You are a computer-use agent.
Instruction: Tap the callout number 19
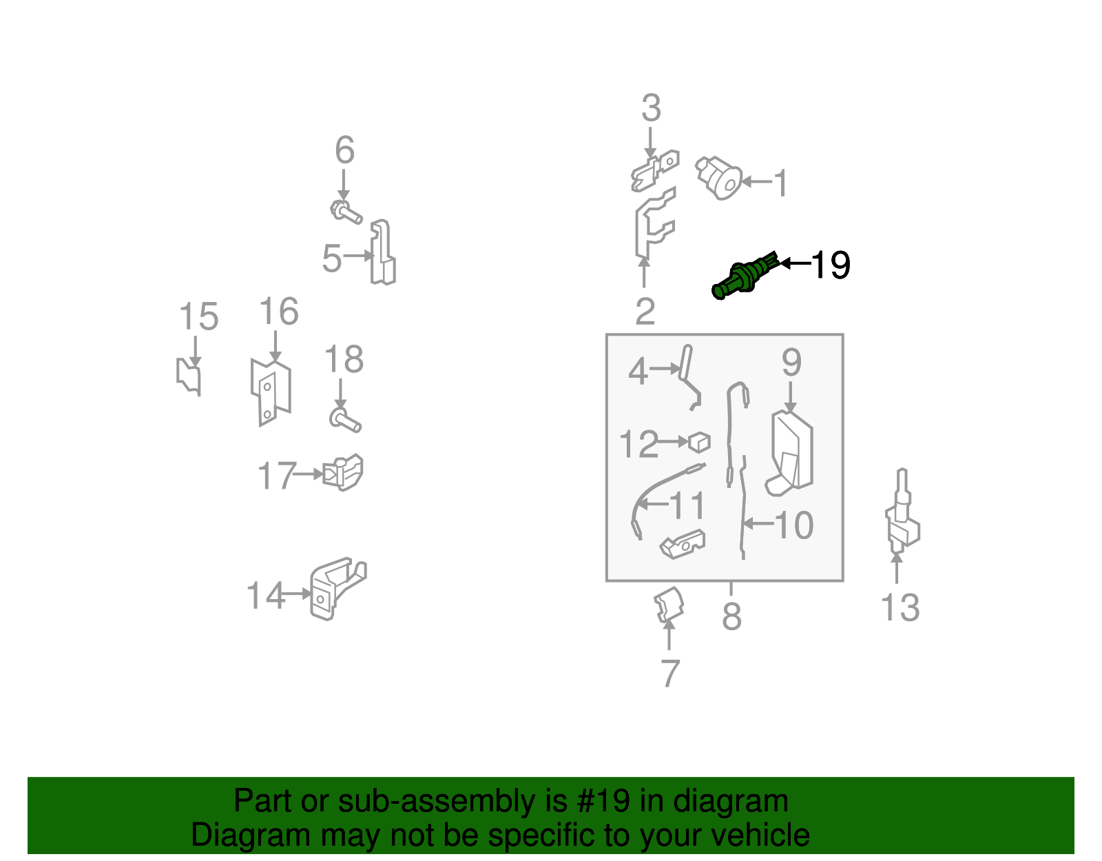click(831, 265)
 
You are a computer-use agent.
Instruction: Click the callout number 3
click(651, 109)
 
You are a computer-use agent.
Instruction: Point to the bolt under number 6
click(346, 212)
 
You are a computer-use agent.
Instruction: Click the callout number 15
click(198, 317)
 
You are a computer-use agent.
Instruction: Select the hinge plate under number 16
click(271, 392)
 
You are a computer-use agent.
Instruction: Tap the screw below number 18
click(344, 419)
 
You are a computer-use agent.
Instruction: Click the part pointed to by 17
click(344, 472)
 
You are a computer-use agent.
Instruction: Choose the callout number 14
click(265, 596)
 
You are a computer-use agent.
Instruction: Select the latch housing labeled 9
click(792, 452)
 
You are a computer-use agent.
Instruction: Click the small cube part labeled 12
click(699, 441)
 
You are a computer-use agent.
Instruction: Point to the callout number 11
click(687, 506)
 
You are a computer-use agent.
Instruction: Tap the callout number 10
click(794, 525)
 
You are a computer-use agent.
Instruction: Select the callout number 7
click(670, 673)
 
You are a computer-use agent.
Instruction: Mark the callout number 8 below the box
click(731, 616)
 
